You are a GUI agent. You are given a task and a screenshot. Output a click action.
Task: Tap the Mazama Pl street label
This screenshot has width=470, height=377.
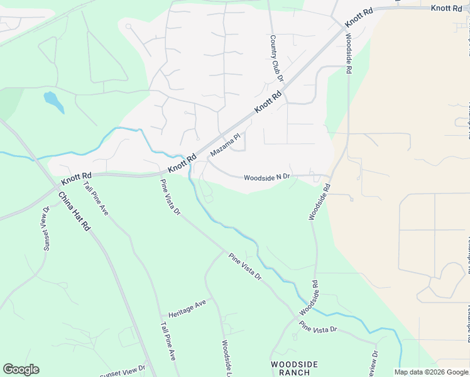(226, 145)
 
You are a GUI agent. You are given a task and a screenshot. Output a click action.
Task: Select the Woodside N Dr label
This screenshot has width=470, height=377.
(266, 177)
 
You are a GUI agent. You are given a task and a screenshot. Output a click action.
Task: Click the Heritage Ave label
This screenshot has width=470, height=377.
(187, 307)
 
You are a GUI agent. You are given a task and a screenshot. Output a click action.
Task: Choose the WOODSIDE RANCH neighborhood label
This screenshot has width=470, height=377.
(294, 368)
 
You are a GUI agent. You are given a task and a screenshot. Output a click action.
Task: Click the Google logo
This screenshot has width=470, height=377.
(21, 369)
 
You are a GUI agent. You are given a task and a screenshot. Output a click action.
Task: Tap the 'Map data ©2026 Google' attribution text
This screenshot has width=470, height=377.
(431, 372)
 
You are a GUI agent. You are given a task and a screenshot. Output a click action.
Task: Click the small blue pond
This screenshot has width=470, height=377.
(53, 101)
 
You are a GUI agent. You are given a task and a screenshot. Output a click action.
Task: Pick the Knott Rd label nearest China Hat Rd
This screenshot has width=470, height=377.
(77, 179)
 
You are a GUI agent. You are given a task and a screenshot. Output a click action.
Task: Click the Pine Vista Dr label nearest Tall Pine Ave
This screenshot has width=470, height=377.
(170, 197)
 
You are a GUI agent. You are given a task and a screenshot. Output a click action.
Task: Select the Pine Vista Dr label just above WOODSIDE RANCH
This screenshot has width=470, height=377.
(318, 327)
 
